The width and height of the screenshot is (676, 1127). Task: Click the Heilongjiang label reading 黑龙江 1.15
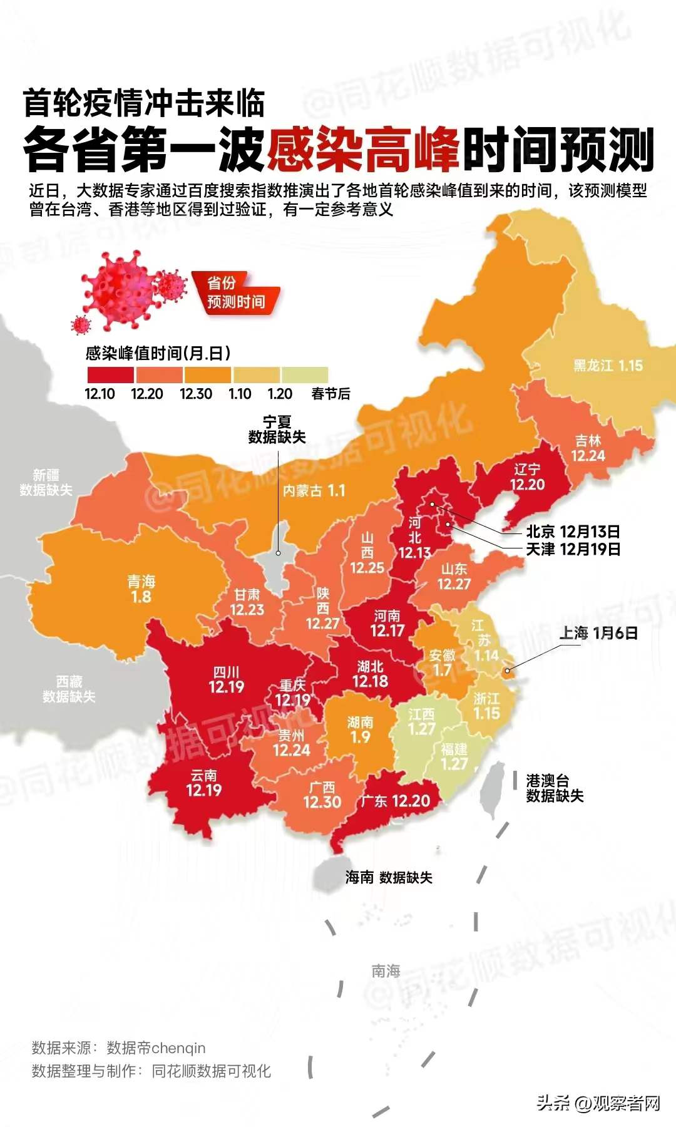pos(608,366)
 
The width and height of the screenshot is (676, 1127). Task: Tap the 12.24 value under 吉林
pos(588,456)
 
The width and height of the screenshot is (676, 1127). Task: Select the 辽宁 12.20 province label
pos(527,477)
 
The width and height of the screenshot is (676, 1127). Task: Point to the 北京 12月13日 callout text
pos(573,532)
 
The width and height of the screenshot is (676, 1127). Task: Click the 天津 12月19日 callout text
pos(573,549)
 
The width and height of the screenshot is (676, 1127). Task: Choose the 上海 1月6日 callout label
pos(598,633)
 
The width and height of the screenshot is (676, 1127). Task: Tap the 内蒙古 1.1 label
pos(314,491)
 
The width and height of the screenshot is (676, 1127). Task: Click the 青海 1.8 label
pos(141,589)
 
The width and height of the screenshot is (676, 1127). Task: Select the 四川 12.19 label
pos(227,680)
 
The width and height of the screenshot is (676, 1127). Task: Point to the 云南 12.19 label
pos(204,783)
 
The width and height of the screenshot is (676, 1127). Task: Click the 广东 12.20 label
pos(396,801)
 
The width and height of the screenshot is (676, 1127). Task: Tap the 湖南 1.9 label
pos(361,729)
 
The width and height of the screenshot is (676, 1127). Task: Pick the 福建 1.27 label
pos(454,756)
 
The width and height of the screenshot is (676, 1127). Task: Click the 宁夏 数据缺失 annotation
pos(277,430)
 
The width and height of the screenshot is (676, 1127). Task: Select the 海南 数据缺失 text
pos(389,877)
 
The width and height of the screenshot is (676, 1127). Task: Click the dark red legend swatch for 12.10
pos(110,374)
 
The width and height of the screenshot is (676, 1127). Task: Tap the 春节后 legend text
pos(330,394)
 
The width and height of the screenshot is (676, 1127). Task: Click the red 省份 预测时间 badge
pos(236,292)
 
